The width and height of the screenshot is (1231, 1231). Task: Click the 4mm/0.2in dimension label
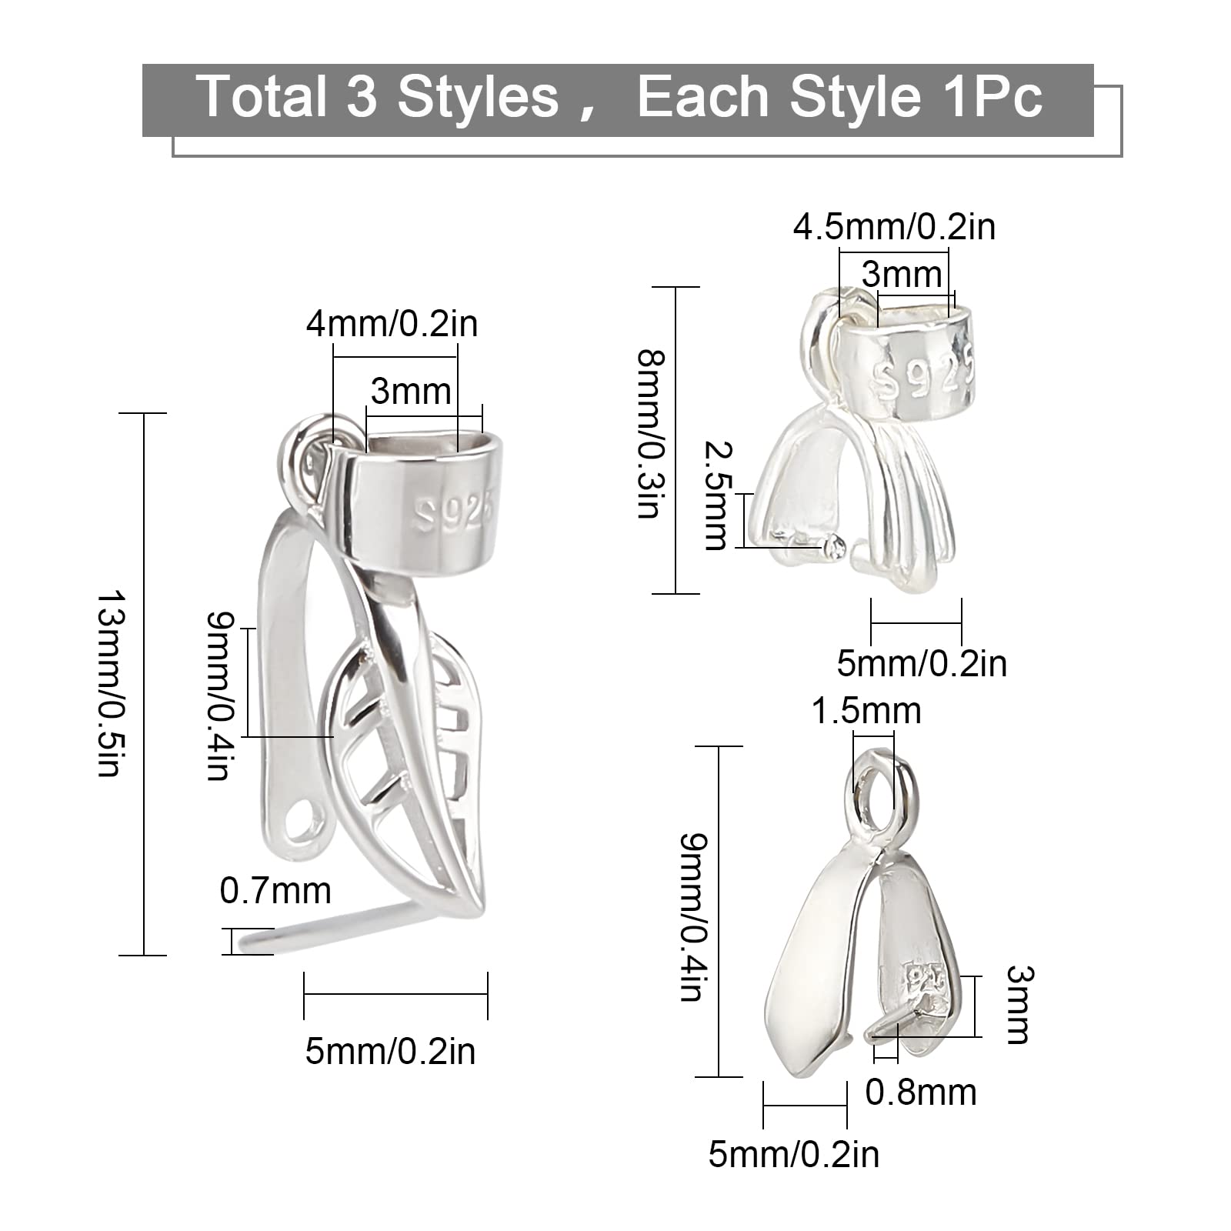[392, 323]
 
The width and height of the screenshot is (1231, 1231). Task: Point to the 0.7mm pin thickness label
[275, 891]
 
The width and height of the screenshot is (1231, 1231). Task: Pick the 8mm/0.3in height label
[652, 435]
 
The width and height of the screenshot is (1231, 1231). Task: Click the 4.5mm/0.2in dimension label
[894, 227]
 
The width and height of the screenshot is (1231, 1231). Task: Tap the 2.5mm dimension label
[716, 496]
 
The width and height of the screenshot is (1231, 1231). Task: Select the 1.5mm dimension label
[866, 711]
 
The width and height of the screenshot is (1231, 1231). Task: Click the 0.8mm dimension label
[921, 1093]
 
